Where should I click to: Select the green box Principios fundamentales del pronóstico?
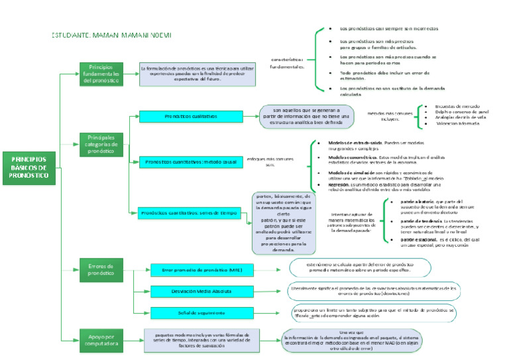click(101, 74)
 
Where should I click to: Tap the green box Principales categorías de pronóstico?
click(101, 144)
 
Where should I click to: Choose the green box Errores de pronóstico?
click(101, 269)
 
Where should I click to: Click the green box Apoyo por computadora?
click(101, 341)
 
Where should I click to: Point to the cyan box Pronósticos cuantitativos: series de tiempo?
click(192, 213)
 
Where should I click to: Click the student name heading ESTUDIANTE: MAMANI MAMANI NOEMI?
click(111, 34)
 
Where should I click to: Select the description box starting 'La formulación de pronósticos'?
click(198, 73)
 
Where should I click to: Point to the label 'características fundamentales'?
click(288, 63)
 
